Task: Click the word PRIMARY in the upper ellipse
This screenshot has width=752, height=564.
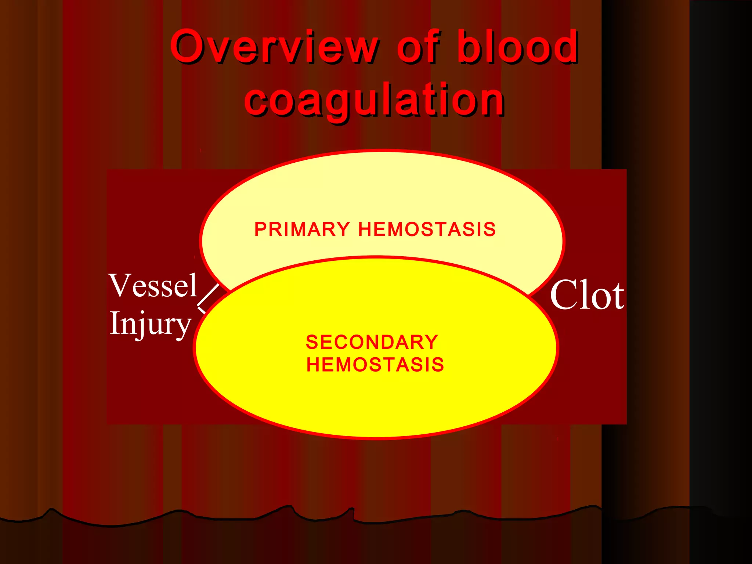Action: (x=302, y=229)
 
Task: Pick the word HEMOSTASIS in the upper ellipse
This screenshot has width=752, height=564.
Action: (x=427, y=229)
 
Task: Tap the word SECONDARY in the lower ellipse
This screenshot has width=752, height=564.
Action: (x=372, y=342)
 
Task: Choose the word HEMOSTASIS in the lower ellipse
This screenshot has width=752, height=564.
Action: (x=375, y=365)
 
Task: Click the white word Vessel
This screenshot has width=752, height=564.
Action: (x=153, y=285)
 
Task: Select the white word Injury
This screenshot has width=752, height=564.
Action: (x=151, y=323)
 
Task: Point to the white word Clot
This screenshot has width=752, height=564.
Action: (x=586, y=295)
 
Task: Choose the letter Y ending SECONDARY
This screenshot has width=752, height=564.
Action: (x=431, y=342)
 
